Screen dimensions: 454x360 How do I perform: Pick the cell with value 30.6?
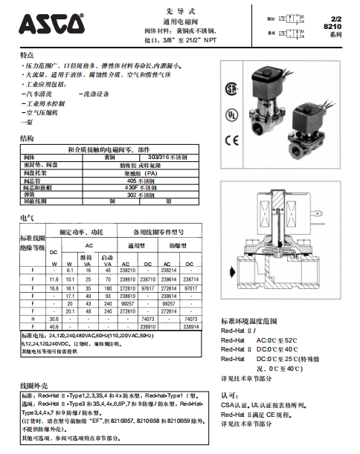pos(54,318)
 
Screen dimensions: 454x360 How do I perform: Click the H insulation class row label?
pos(33,318)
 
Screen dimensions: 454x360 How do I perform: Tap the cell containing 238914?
pos(190,325)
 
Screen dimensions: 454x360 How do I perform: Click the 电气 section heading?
pos(27,217)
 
